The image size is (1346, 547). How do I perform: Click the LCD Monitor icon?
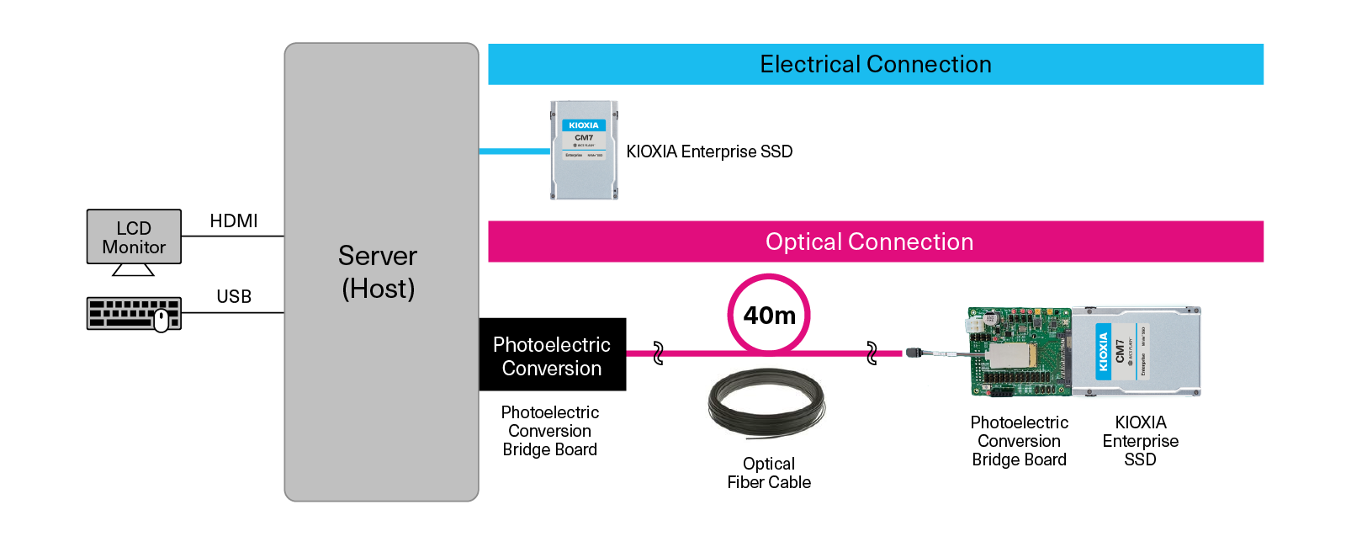pyautogui.click(x=134, y=239)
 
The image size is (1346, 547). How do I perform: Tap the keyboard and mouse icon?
pyautogui.click(x=134, y=314)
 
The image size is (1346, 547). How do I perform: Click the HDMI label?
pyautogui.click(x=234, y=221)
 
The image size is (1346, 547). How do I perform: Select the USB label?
pyautogui.click(x=234, y=297)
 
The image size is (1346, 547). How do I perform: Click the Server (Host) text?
pyautogui.click(x=379, y=272)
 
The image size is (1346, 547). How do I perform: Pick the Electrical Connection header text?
pyautogui.click(x=876, y=65)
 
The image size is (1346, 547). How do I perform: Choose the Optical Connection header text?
pyautogui.click(x=869, y=242)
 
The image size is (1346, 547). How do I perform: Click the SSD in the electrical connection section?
pyautogui.click(x=585, y=151)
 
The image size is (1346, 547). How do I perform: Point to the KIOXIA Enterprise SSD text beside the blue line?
pyautogui.click(x=709, y=152)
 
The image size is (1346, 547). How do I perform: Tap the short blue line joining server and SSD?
pyautogui.click(x=514, y=151)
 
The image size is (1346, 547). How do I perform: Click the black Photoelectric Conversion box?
pyautogui.click(x=552, y=355)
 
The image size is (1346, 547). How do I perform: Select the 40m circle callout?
pyautogui.click(x=769, y=315)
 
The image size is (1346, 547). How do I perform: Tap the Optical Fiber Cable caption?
pyautogui.click(x=769, y=473)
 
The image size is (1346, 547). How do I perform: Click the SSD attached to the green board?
pyautogui.click(x=1136, y=351)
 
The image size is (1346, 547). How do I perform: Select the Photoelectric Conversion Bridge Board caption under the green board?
pyautogui.click(x=1020, y=441)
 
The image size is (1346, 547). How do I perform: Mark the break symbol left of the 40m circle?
pyautogui.click(x=658, y=353)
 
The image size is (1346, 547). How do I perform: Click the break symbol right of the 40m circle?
pyautogui.click(x=872, y=353)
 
